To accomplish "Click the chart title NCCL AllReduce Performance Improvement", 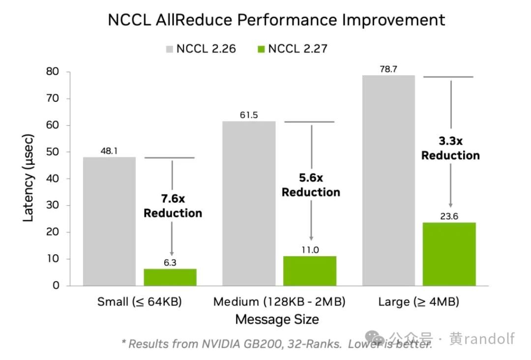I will coord(276,20).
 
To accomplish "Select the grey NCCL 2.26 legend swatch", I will coord(170,49).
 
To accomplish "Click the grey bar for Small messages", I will coord(109,221).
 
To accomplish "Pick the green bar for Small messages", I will coord(170,277).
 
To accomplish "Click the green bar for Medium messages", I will coord(310,270).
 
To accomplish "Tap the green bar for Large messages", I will coord(449,254).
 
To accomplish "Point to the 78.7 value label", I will coord(388,69).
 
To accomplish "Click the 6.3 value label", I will coord(170,263).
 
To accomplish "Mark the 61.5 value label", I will coord(249,115).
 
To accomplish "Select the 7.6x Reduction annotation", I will coord(173,206).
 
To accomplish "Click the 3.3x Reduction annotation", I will coord(450,148).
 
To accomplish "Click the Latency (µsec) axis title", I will coord(29,178).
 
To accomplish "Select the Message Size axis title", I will coord(277,320).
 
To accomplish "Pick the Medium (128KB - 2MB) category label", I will coord(279,302).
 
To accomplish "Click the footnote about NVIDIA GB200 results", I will coord(277,344).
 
